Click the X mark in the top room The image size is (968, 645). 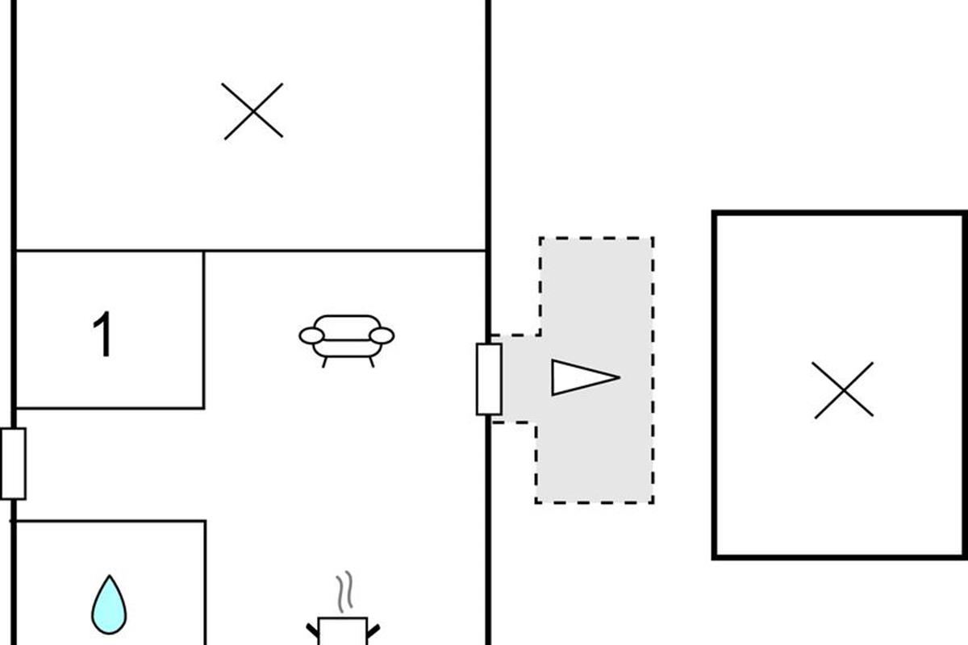coord(253,110)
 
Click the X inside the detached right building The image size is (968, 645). coord(844,390)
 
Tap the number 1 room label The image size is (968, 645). coord(102,335)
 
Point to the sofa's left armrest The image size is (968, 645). coord(311,335)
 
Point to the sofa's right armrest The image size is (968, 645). coord(382,335)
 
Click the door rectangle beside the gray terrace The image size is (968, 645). coord(489,379)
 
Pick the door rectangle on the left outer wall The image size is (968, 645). coord(13,464)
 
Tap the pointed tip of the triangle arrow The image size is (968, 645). coord(617,377)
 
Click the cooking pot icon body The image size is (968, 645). coord(343,631)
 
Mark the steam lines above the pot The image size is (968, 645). coord(345,593)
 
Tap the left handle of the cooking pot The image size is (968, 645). coord(312,629)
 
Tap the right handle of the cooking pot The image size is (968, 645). coord(373,629)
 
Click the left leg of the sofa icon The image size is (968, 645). coord(325,362)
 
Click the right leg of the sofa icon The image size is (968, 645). coord(371,362)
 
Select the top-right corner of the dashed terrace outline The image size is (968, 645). coord(653,238)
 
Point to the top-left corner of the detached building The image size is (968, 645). coord(715,214)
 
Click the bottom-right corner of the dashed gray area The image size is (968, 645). coord(653,502)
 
